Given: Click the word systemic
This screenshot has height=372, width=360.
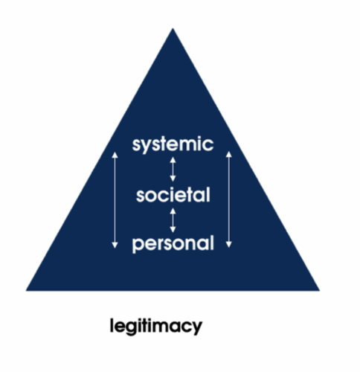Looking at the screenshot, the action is coord(173,144).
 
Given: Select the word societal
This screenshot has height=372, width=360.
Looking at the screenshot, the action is coord(173,195).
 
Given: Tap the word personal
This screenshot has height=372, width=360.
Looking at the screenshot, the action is coord(173,244).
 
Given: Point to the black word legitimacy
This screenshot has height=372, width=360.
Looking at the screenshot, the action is coord(156,326).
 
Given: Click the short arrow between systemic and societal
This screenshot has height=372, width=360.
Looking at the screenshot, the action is coord(173,170).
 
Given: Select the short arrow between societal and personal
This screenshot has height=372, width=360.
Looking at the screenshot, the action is coord(173,220).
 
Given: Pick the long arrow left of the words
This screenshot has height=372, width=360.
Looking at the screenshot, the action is coord(115,200).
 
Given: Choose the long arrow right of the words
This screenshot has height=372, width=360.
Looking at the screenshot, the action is coord(229,199).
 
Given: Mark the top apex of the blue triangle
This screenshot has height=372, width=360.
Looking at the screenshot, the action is coord(173,28).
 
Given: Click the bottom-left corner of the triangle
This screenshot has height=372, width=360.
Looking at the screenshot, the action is coord(26,290).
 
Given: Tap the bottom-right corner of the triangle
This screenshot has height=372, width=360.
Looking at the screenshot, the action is coord(320,290).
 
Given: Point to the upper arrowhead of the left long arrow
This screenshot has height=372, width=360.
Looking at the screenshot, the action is coord(115,155).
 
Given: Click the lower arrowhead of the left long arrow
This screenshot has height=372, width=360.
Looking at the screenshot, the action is coord(115,245).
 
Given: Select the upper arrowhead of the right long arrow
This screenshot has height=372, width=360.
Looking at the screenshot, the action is coord(229,154).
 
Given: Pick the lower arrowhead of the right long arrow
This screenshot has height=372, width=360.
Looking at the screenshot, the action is coord(229,245).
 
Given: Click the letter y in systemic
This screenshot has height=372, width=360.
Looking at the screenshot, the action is coord(147,147).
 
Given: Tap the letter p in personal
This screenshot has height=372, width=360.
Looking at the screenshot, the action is coord(138,246).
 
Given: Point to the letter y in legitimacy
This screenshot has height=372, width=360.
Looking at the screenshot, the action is coord(197,328).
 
